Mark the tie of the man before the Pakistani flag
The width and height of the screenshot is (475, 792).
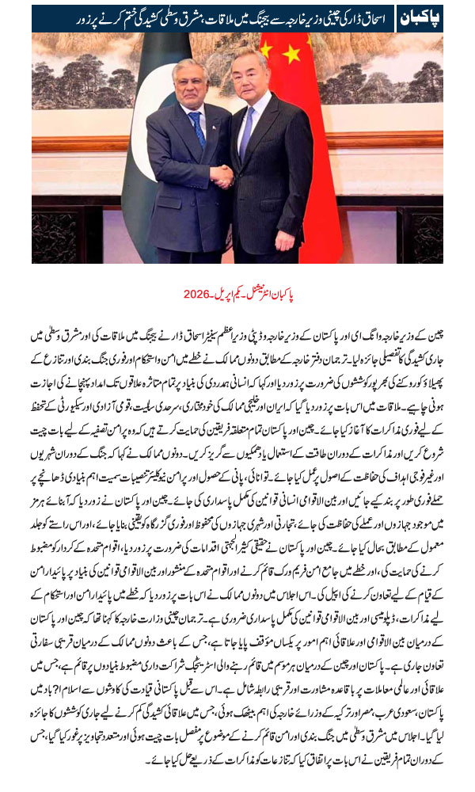point(196,127)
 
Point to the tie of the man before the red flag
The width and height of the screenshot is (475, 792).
point(246,127)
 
